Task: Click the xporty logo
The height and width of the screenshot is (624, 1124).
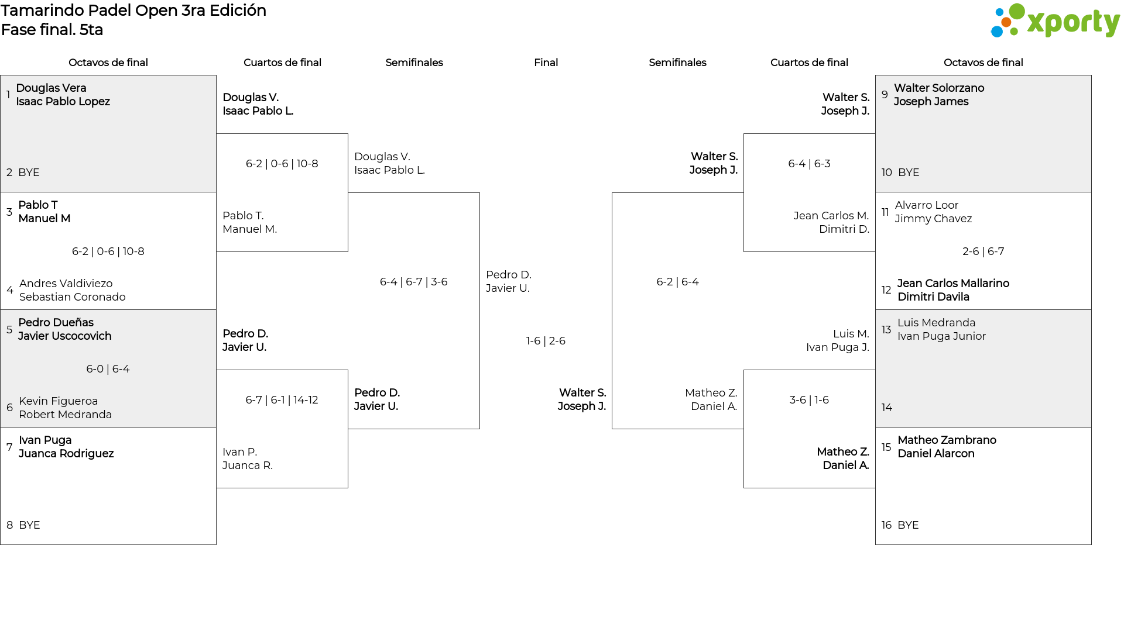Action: click(1055, 21)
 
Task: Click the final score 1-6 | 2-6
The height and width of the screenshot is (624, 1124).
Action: click(546, 341)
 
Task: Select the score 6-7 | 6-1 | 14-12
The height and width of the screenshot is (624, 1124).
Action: click(282, 400)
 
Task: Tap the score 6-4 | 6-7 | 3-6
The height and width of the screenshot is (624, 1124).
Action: click(414, 282)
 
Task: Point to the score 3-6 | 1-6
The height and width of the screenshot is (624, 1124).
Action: click(809, 400)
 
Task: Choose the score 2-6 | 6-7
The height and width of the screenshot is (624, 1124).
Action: click(983, 251)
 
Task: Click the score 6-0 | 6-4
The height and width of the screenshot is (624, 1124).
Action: click(108, 369)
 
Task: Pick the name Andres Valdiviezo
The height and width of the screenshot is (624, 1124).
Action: click(66, 284)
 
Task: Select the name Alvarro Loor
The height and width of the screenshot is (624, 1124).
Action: click(927, 205)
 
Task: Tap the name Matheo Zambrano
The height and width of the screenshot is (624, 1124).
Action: click(947, 440)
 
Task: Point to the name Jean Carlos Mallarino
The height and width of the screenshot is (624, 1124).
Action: click(953, 284)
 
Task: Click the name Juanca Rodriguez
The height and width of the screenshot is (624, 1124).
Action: click(66, 454)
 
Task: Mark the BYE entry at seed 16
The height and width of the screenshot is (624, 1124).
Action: click(909, 525)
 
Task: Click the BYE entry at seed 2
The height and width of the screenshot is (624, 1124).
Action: click(29, 173)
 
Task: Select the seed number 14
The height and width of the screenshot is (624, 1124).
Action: click(887, 408)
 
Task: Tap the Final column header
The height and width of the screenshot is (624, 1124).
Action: click(546, 63)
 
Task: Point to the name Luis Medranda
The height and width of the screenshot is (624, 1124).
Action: click(937, 323)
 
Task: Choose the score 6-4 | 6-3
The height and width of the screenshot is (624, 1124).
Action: click(809, 164)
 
